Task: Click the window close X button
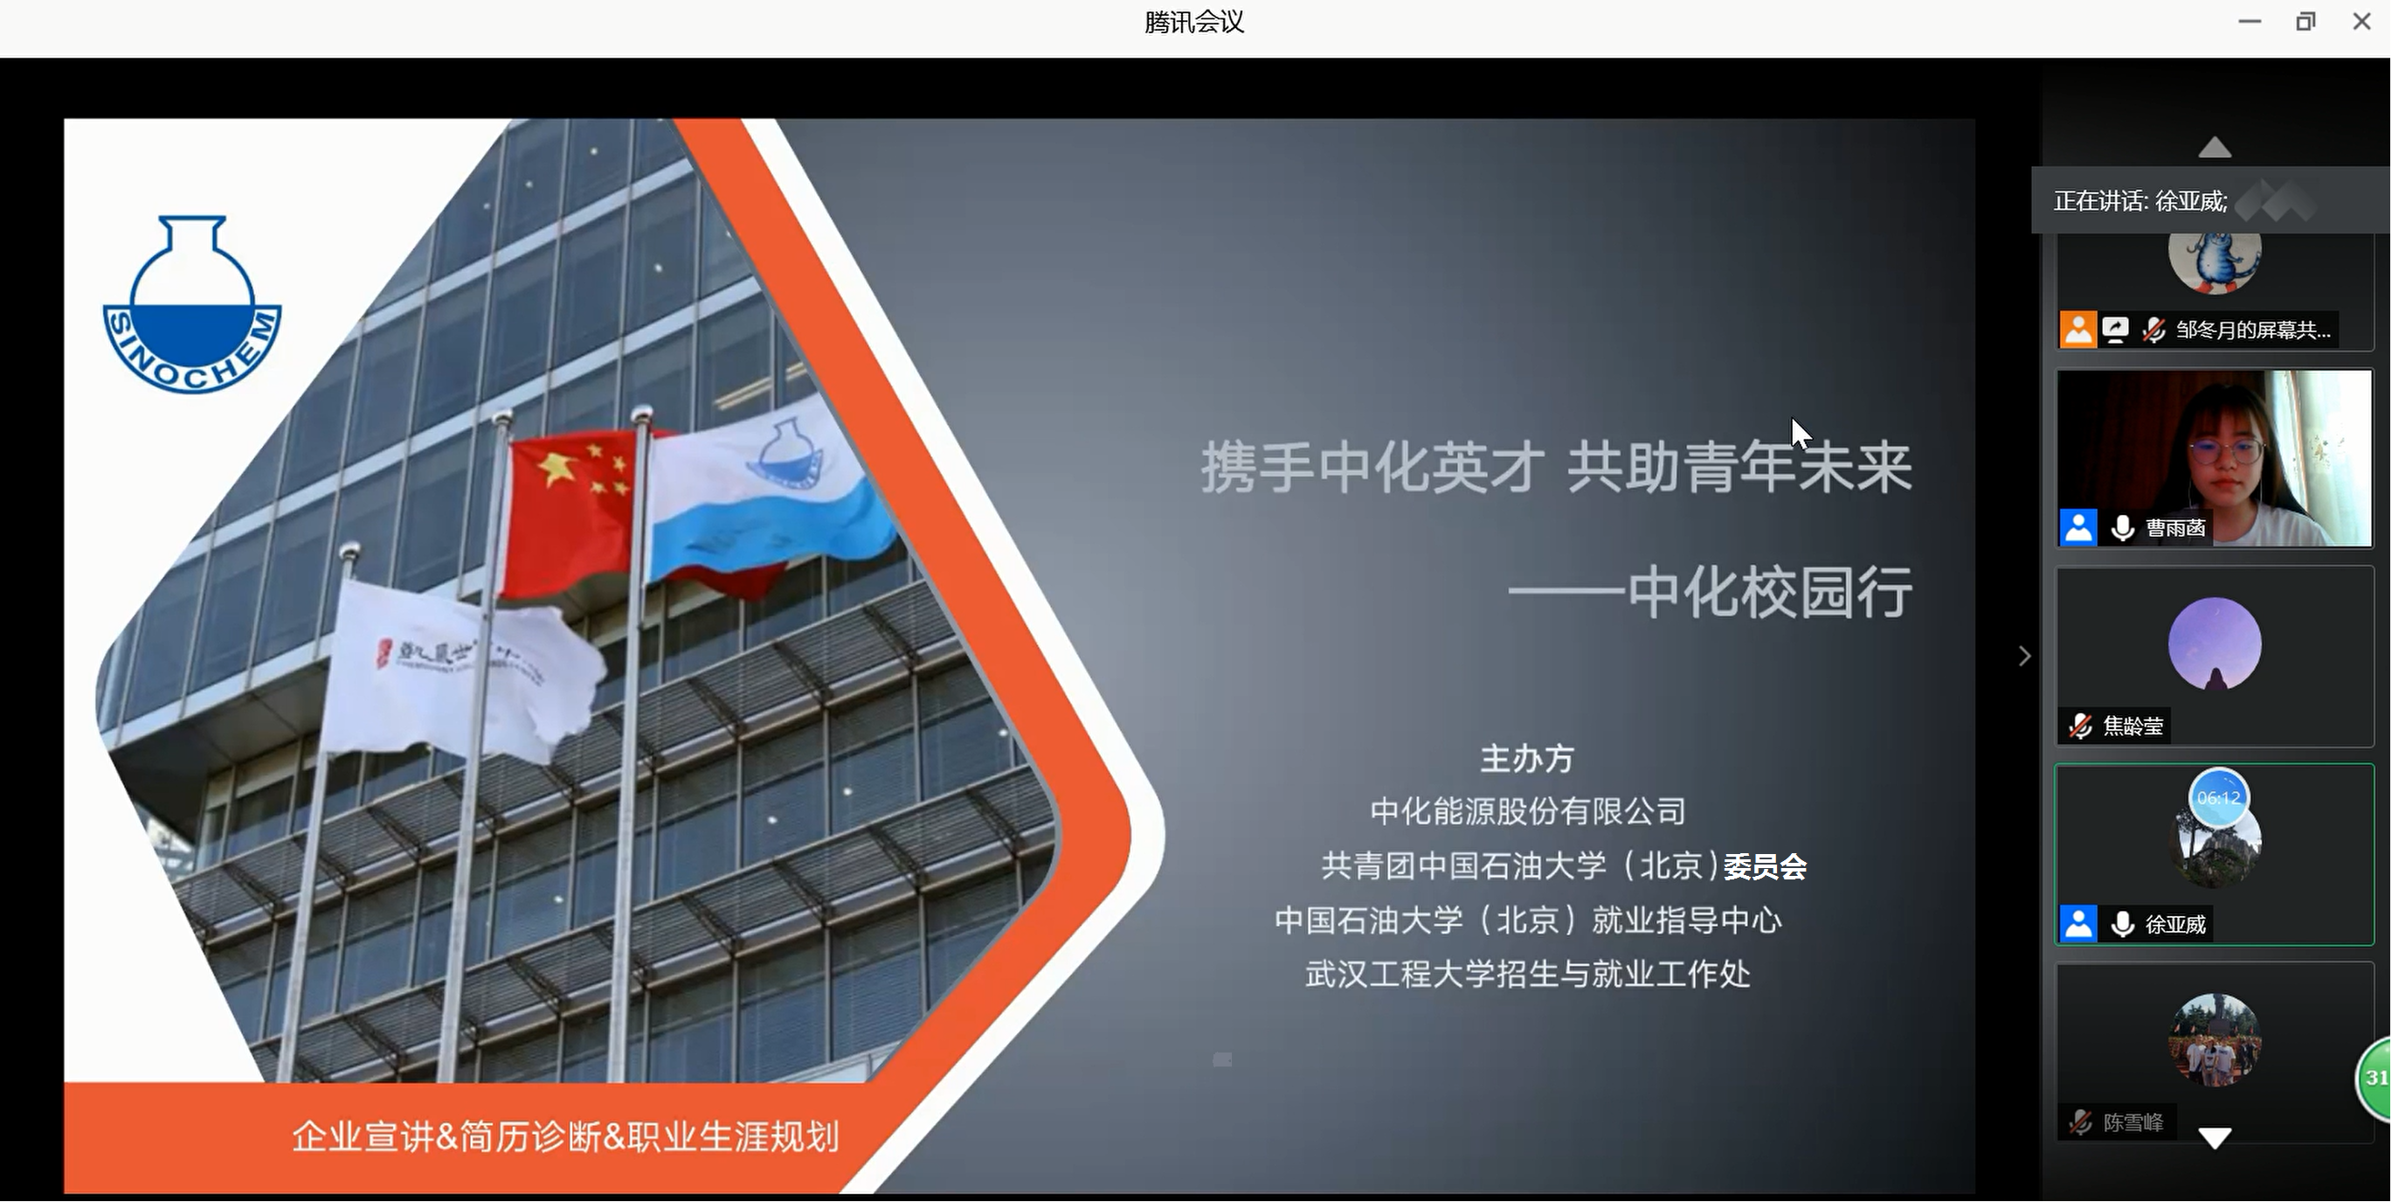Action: pyautogui.click(x=2361, y=21)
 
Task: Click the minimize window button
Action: pyautogui.click(x=2249, y=21)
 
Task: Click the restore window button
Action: pyautogui.click(x=2305, y=21)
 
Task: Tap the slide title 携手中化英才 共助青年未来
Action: pyautogui.click(x=1556, y=467)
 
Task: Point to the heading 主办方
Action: pyautogui.click(x=1526, y=759)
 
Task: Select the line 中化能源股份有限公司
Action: pyautogui.click(x=1527, y=812)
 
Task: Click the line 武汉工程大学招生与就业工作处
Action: pyautogui.click(x=1527, y=975)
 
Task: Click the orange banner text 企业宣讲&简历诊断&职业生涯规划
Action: pyautogui.click(x=565, y=1136)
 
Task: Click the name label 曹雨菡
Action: pyautogui.click(x=2174, y=528)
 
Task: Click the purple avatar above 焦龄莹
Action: pyautogui.click(x=2215, y=643)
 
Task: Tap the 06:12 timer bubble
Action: pyautogui.click(x=2218, y=797)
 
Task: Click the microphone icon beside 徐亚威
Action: pyautogui.click(x=2122, y=924)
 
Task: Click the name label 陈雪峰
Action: pyautogui.click(x=2133, y=1123)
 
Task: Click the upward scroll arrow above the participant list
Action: pyautogui.click(x=2215, y=147)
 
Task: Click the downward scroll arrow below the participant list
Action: pyautogui.click(x=2215, y=1138)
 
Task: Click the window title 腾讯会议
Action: pyautogui.click(x=1194, y=21)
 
